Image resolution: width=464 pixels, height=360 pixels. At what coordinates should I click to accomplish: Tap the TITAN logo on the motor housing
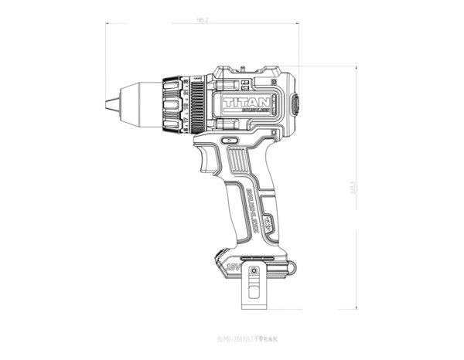[246, 101]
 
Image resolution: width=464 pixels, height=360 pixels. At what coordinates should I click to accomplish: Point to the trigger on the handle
[208, 161]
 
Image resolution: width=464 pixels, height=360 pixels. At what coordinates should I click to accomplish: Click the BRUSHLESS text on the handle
[254, 205]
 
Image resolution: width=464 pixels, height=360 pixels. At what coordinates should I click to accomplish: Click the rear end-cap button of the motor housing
[294, 104]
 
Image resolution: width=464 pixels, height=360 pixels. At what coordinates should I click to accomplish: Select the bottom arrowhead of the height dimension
[357, 307]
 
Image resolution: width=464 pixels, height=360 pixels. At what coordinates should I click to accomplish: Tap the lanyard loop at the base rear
[289, 267]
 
